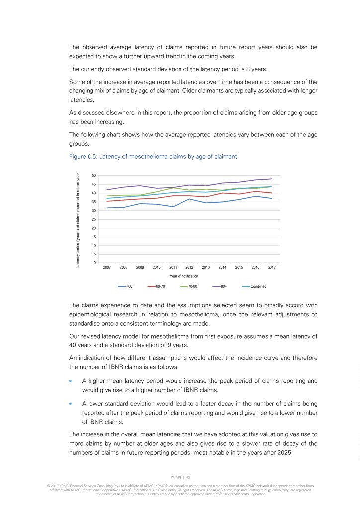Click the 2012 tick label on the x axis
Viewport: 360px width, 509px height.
point(189,267)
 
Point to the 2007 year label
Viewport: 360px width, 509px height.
point(107,267)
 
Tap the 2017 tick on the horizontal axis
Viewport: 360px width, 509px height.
point(272,267)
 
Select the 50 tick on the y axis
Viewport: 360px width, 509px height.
point(94,175)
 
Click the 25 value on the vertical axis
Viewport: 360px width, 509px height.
point(94,219)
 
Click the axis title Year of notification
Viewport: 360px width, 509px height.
point(184,276)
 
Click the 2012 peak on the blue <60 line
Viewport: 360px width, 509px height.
point(189,199)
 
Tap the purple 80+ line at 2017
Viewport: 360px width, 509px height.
point(272,179)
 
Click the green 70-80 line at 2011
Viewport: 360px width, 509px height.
point(173,187)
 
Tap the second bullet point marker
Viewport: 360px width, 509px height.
point(71,403)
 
